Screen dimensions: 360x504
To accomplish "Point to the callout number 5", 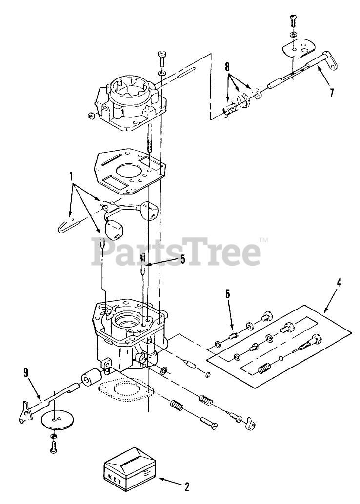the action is (182, 259).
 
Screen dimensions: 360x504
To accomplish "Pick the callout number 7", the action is (331, 93).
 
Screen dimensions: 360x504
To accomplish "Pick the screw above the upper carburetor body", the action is (162, 60).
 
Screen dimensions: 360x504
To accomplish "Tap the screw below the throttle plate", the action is (54, 445).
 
